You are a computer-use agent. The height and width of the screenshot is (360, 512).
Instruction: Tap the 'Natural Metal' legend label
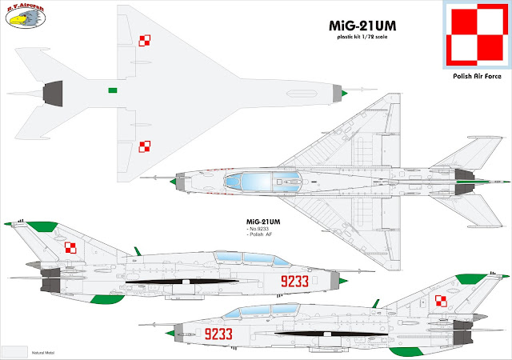(x=60, y=352)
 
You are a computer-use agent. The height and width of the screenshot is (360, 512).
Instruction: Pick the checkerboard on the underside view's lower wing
(x=145, y=146)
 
